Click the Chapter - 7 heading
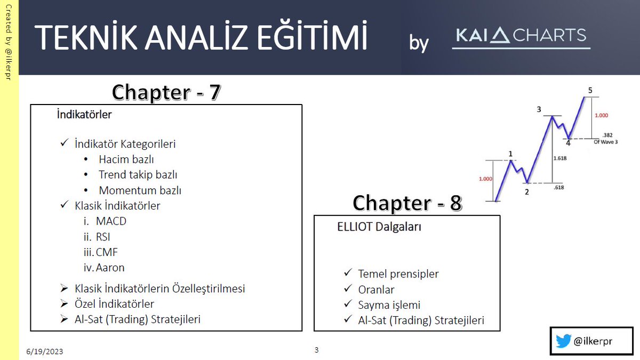[x=166, y=92]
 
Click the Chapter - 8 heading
[x=407, y=203]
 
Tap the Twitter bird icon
[x=563, y=341]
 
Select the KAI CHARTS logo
[x=521, y=36]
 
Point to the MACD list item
[x=111, y=221]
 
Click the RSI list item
[x=103, y=237]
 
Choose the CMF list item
[x=107, y=252]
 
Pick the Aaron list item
[x=110, y=268]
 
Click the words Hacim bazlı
[x=126, y=159]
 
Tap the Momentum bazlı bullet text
[x=144, y=190]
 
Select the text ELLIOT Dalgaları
[x=379, y=227]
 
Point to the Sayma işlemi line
[x=389, y=305]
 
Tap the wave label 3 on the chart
[x=539, y=110]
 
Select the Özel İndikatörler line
[x=115, y=304]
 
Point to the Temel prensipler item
[x=398, y=274]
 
